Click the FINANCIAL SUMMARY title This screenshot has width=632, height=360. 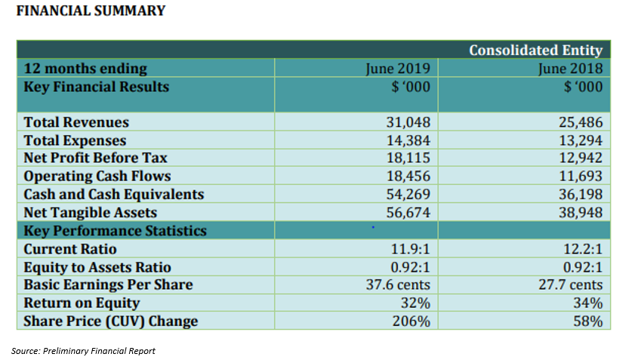[91, 11]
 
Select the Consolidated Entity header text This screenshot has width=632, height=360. [535, 50]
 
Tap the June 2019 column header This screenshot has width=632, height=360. [398, 69]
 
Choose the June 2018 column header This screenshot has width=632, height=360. [570, 69]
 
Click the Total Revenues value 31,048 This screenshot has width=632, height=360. [408, 122]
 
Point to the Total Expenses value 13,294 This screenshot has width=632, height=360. [581, 140]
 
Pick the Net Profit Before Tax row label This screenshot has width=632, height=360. [95, 158]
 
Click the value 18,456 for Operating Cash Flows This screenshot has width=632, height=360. [408, 176]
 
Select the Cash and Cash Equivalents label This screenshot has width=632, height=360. [114, 194]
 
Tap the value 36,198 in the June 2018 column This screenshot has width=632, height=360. [581, 194]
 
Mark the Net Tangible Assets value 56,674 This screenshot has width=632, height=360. [408, 212]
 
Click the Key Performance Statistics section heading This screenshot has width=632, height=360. [115, 231]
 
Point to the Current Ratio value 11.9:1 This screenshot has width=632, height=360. [410, 249]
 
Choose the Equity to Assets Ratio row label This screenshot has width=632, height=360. [97, 267]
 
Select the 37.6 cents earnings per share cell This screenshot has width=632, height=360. [398, 285]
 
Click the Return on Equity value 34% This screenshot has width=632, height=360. [588, 303]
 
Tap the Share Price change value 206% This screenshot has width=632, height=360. [411, 321]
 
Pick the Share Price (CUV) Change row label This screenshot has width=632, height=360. [111, 321]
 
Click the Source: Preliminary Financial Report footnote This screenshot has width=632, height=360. [83, 351]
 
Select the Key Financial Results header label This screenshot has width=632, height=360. [97, 87]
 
